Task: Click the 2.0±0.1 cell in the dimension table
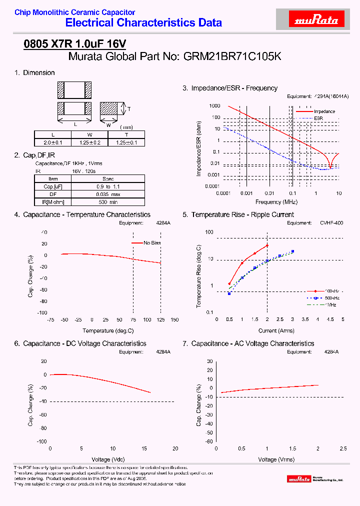(53, 142)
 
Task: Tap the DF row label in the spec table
(53, 194)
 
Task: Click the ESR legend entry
(318, 118)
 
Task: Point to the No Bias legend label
(152, 242)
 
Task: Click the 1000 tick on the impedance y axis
(214, 106)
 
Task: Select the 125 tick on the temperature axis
(161, 319)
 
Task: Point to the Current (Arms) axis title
(276, 330)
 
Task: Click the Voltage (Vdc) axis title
(108, 459)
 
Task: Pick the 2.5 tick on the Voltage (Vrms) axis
(343, 448)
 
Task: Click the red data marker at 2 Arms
(267, 245)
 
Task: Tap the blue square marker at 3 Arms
(292, 251)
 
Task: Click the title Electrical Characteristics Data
(143, 22)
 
